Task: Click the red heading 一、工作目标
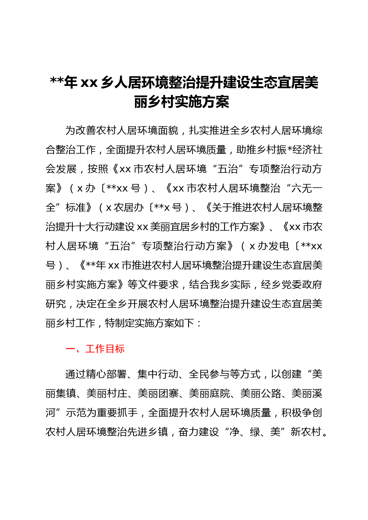pos(95,349)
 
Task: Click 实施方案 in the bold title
pos(202,102)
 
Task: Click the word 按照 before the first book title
pos(98,169)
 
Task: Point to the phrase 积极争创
pos(302,413)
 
